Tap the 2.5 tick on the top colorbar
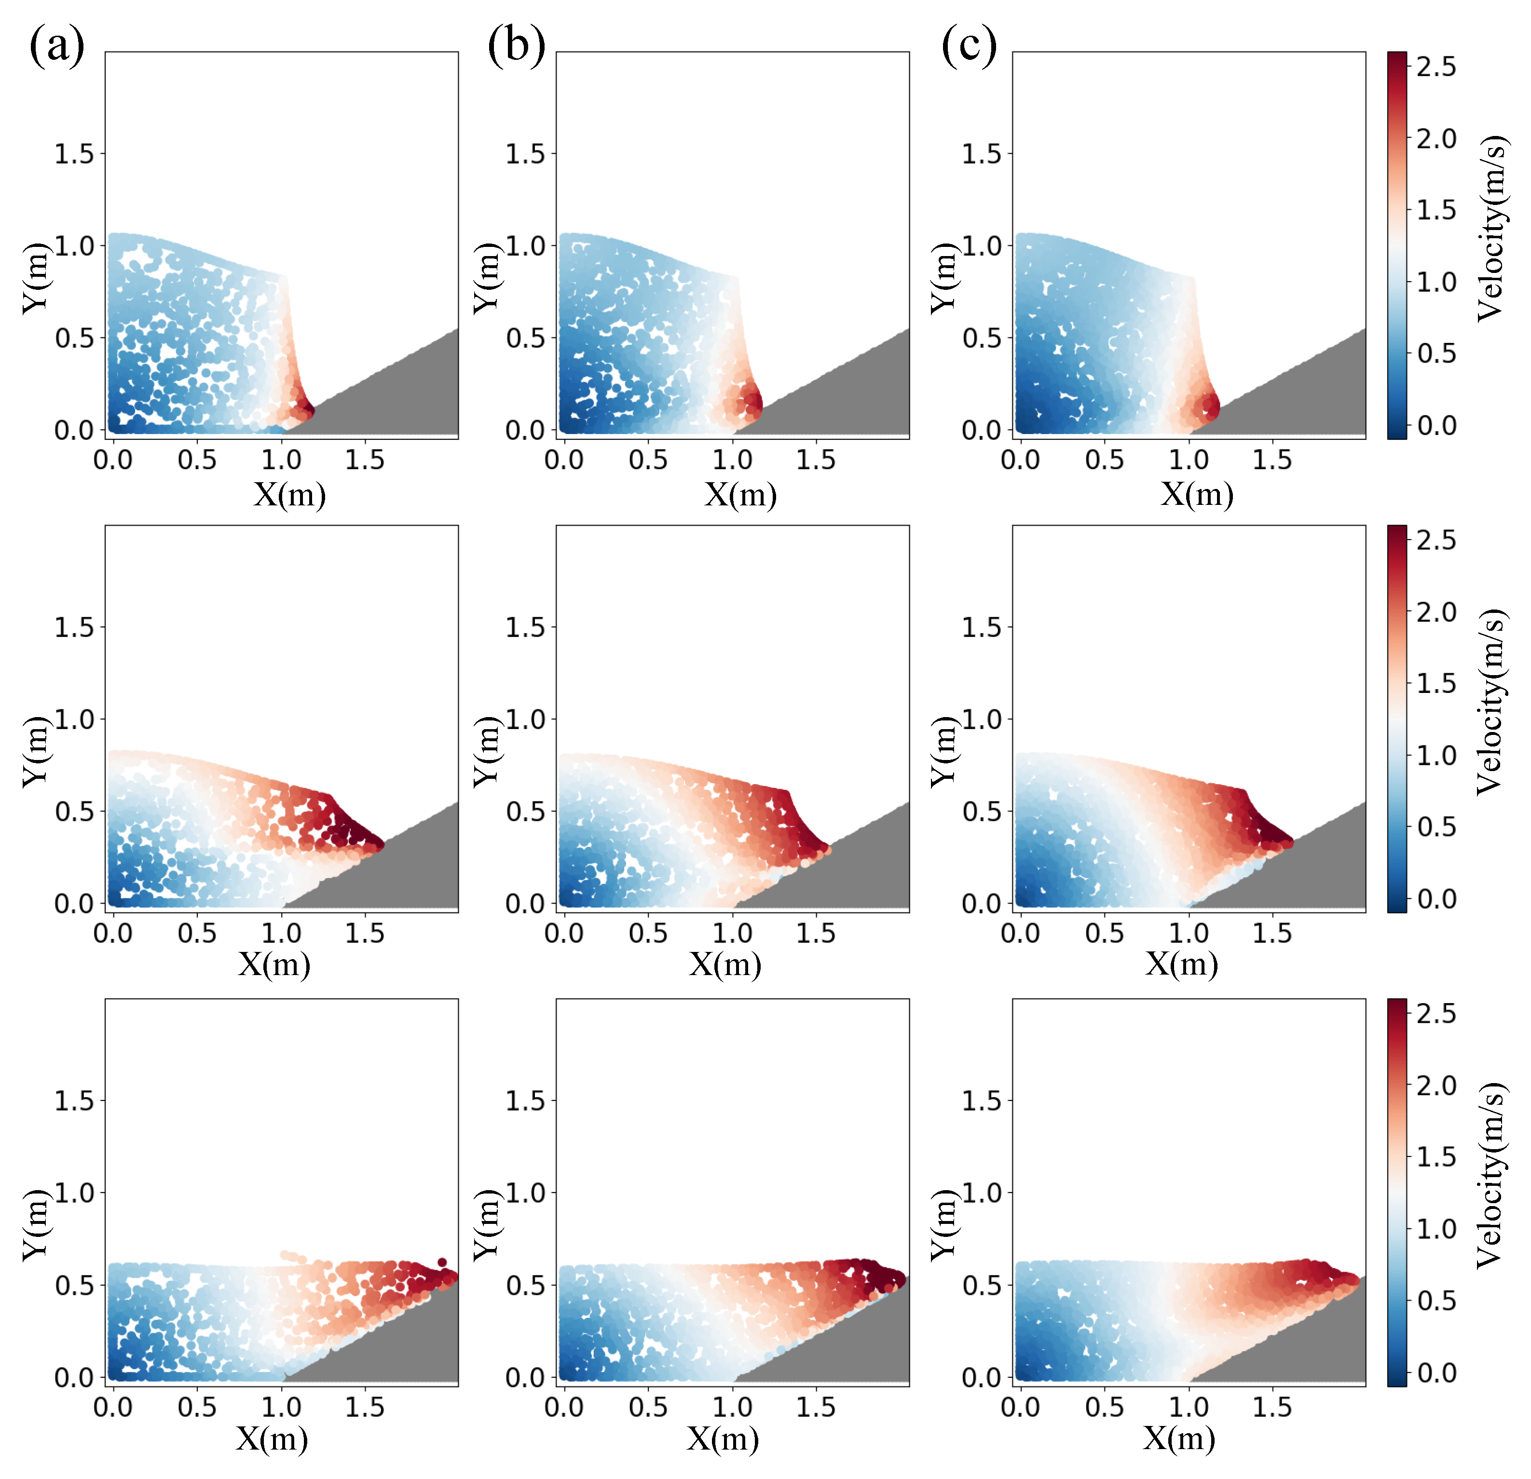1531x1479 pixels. (x=1435, y=67)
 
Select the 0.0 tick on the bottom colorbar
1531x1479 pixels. (x=1435, y=1373)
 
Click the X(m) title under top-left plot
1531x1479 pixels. (x=289, y=494)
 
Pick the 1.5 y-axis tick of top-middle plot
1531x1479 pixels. (x=524, y=154)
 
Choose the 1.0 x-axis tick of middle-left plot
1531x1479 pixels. (x=281, y=933)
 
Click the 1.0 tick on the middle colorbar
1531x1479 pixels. (x=1435, y=755)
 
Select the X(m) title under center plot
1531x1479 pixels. (x=725, y=965)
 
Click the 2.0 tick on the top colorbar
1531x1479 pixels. (x=1435, y=139)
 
